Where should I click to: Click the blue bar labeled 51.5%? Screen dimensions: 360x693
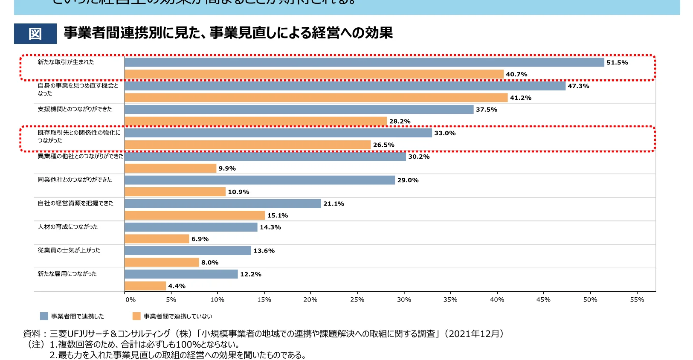tap(364, 63)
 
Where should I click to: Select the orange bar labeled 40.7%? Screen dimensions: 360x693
tap(314, 74)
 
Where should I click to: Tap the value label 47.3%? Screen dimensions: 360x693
tap(578, 86)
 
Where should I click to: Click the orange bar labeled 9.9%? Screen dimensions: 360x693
tap(171, 168)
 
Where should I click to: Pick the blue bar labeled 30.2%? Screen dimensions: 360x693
tap(265, 157)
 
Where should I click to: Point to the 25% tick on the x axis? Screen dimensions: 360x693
tap(357, 300)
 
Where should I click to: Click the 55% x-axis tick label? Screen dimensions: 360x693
tap(637, 300)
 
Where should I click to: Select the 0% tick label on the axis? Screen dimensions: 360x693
tap(130, 300)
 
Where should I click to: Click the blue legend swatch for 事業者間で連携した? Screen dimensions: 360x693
tap(44, 316)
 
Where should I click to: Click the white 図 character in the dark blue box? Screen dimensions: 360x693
tap(35, 34)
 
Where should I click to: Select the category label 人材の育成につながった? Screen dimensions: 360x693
tap(68, 227)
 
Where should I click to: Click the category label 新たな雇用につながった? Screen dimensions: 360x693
tap(67, 274)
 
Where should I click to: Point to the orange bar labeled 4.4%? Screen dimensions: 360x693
tap(145, 286)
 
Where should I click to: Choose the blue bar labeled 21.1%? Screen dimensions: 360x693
tap(223, 203)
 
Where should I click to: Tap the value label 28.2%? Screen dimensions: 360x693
tap(400, 122)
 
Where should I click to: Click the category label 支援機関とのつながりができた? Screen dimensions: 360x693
tap(75, 109)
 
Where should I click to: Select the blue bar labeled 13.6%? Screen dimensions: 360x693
tap(188, 251)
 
